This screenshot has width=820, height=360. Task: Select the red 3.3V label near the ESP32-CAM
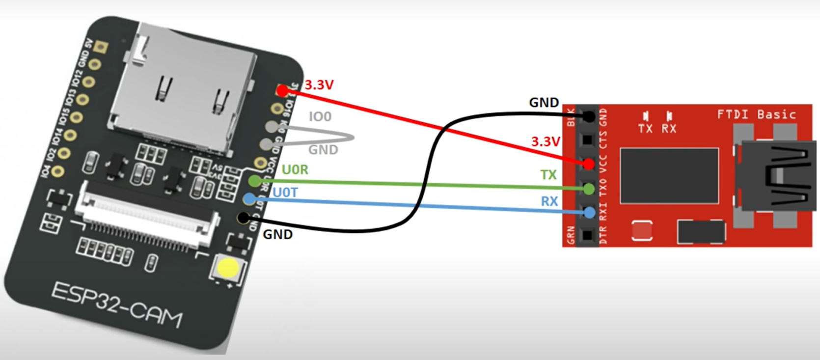coord(319,85)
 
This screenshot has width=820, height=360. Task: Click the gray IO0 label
coord(320,117)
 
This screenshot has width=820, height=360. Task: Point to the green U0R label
coord(295,170)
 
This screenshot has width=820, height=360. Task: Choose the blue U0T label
coord(285,193)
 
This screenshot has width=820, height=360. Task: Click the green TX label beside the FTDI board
coord(548,175)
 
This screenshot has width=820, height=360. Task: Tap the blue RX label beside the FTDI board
coord(549,201)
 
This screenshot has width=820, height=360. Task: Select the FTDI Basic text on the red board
coord(756,114)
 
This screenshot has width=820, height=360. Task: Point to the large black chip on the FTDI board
coord(669,175)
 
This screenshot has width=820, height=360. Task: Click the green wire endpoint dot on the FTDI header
coord(589,189)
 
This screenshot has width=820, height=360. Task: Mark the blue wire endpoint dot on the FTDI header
coord(589,213)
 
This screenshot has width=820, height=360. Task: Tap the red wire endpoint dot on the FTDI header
coord(589,164)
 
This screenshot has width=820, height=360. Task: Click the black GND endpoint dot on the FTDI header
coord(589,116)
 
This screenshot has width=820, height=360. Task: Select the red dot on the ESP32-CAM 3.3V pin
coord(282,90)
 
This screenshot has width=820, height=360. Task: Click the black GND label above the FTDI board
coord(544,103)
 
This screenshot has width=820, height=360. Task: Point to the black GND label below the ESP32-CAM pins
coord(277,234)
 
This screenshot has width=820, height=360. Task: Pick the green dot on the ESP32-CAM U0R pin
coord(254,181)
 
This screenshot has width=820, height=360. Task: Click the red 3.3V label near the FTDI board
coord(545,142)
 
